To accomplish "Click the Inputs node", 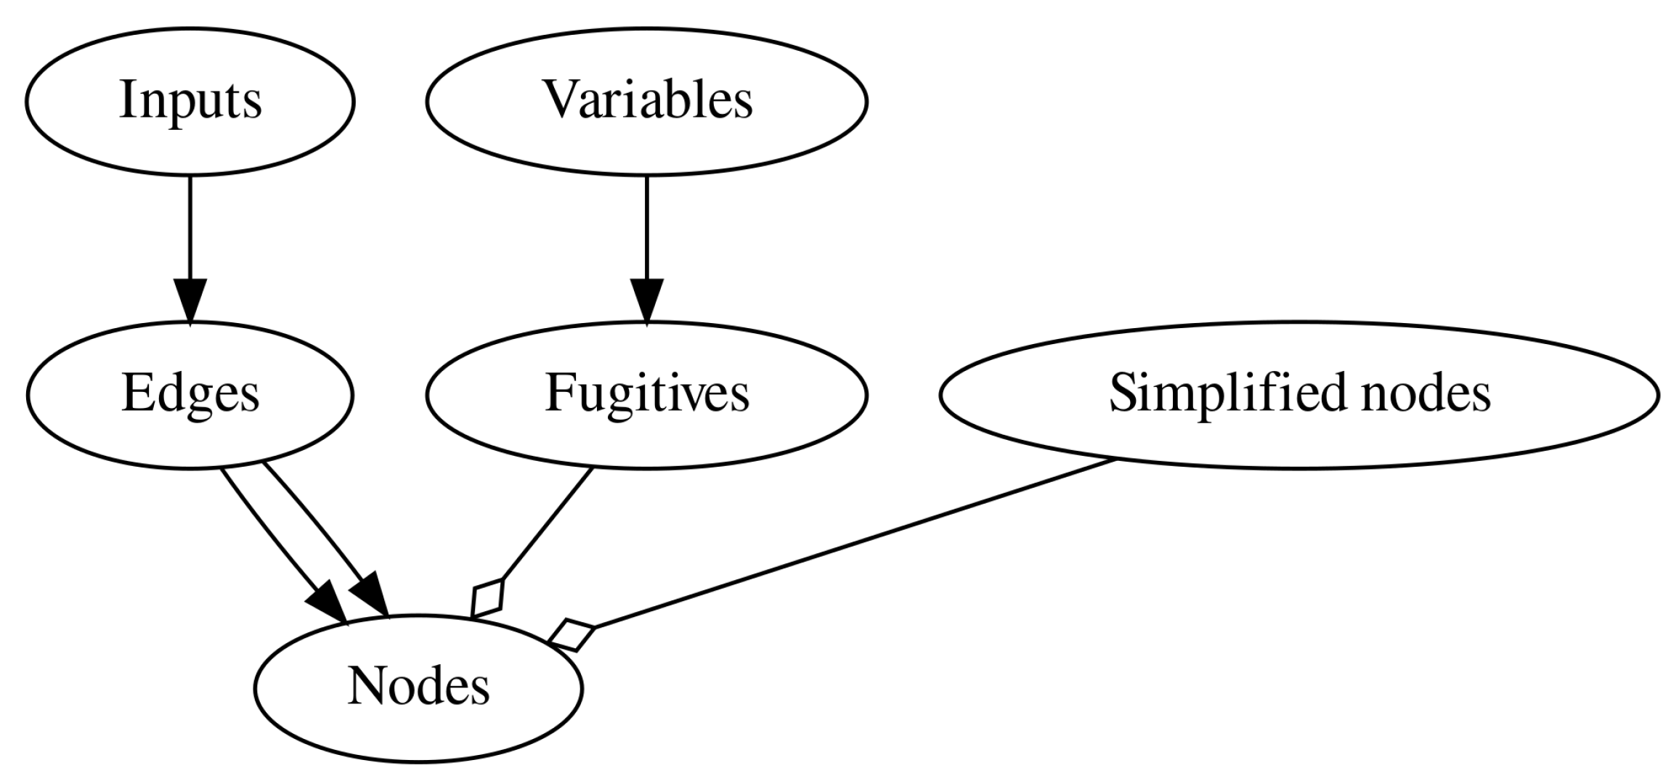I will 190,102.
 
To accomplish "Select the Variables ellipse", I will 646,102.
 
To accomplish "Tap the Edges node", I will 190,395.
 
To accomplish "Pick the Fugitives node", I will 646,395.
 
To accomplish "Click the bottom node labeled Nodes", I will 418,688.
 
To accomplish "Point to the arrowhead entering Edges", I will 190,301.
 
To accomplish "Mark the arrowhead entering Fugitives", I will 646,301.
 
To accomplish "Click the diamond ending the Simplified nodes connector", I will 572,636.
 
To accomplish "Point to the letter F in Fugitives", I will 560,393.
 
